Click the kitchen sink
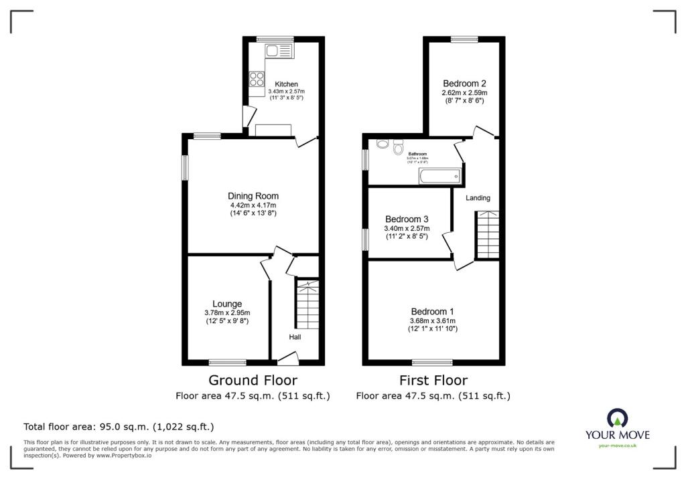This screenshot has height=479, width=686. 279,51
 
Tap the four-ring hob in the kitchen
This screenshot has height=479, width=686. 257,79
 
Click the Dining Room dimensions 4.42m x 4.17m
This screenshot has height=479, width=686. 253,205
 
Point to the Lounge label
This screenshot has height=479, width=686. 227,304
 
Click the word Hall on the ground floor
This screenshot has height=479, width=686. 295,337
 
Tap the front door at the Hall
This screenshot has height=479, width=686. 287,361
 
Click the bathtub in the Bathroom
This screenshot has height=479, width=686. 439,177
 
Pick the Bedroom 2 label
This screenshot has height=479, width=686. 464,83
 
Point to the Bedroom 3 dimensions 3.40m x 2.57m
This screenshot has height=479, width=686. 407,228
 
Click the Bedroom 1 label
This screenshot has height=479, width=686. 432,312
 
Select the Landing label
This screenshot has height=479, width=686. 478,198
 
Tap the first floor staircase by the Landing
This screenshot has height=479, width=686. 487,234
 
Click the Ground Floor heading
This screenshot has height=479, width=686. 253,381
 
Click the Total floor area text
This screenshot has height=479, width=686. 119,427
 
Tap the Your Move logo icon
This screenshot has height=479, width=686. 617,419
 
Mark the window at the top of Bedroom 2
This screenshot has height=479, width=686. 464,39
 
